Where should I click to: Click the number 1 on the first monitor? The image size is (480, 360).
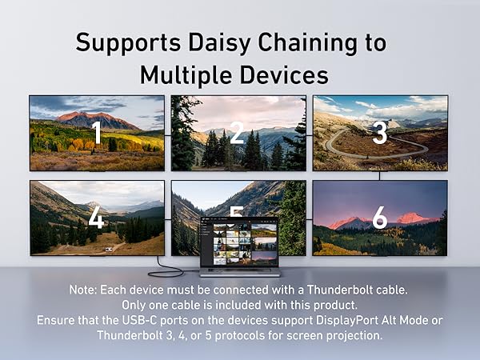[x=98, y=132]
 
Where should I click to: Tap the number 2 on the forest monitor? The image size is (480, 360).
[x=237, y=132]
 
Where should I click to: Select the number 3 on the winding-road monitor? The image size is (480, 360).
[x=380, y=133]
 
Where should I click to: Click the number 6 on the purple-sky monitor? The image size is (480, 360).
[x=380, y=218]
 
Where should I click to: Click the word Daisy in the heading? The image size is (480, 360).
[x=219, y=43]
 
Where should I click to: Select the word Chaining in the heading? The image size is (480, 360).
[x=307, y=42]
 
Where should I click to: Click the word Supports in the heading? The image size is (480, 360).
[x=128, y=43]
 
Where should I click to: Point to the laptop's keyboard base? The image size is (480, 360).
[x=240, y=271]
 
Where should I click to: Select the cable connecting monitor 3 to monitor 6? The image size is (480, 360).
[x=379, y=176]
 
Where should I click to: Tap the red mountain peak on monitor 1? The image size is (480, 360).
[x=80, y=116]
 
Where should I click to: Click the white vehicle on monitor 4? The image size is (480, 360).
[x=109, y=250]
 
